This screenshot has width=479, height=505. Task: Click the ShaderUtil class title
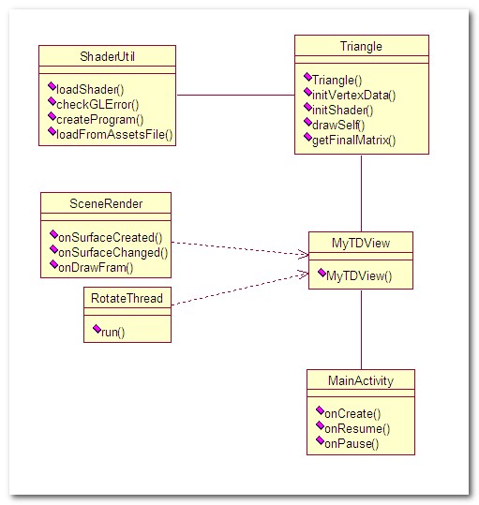click(x=107, y=56)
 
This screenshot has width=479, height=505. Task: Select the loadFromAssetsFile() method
click(x=114, y=134)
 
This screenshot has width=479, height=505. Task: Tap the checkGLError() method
click(x=97, y=104)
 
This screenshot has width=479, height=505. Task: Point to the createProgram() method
click(x=100, y=120)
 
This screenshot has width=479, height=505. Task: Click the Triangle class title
click(x=361, y=47)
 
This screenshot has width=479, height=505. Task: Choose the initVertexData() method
click(x=354, y=95)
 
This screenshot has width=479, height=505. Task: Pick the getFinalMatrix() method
click(x=354, y=141)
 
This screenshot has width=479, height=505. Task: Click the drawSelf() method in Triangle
click(x=338, y=125)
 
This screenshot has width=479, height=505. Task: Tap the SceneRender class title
click(x=106, y=203)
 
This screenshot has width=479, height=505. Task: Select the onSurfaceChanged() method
click(x=113, y=253)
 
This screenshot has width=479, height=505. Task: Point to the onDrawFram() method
click(x=96, y=267)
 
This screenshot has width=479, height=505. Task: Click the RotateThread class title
click(x=127, y=298)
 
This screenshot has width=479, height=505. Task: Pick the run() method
click(x=112, y=332)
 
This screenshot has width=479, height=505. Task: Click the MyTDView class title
click(x=361, y=243)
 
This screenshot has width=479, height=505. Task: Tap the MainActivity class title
click(x=361, y=380)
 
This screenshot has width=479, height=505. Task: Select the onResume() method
click(x=357, y=429)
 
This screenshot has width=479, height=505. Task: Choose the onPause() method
click(x=352, y=444)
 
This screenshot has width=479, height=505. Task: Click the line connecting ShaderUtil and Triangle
click(x=236, y=95)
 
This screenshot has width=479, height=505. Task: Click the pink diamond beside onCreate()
click(x=320, y=410)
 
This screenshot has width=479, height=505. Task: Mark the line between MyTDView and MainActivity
click(x=361, y=330)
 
